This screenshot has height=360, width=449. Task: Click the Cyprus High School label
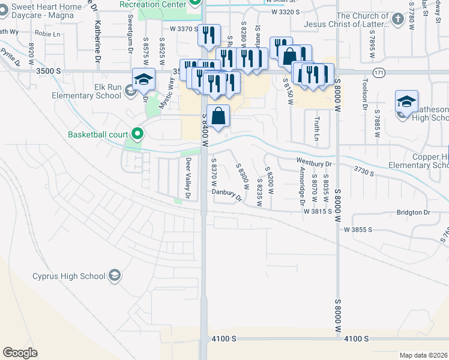[69, 277]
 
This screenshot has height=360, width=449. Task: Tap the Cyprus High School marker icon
[114, 277]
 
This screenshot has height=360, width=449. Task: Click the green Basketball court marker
[137, 134]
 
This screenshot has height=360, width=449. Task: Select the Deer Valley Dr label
[188, 179]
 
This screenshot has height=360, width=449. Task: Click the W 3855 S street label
[358, 230]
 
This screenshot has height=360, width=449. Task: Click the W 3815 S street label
[318, 211]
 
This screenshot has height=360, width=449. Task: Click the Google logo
[20, 353]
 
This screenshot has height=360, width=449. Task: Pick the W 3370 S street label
[184, 29]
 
